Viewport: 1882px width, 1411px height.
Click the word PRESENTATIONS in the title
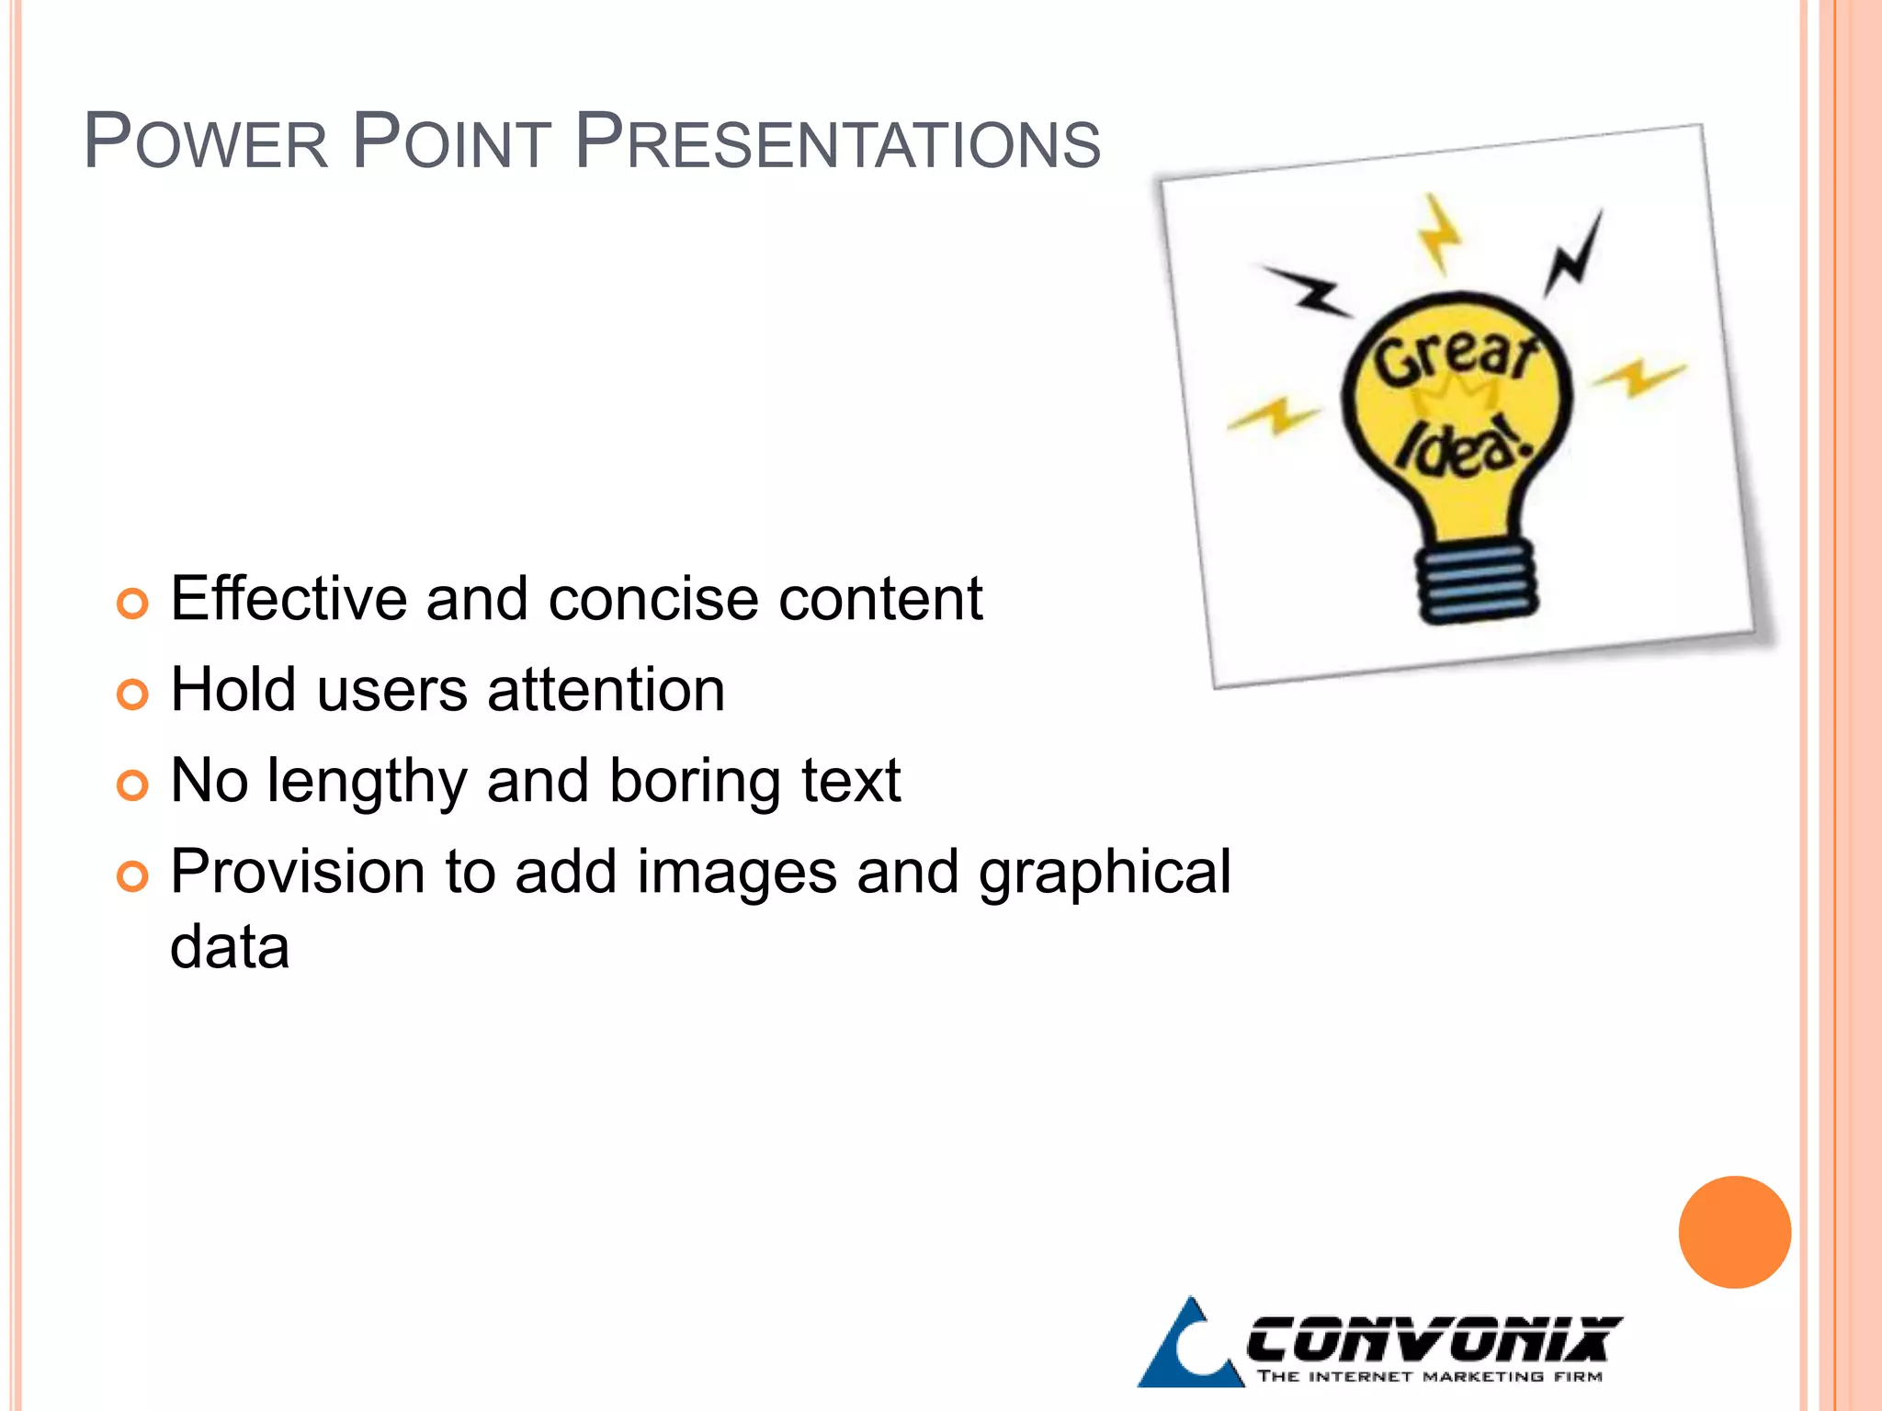[x=837, y=143]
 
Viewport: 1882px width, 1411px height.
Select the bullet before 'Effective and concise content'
[x=132, y=604]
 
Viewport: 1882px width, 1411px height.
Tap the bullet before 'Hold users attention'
[x=132, y=694]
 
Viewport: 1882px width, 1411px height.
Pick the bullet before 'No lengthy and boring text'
[x=132, y=785]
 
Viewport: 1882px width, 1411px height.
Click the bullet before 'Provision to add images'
[x=132, y=876]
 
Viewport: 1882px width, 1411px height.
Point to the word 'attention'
[x=606, y=691]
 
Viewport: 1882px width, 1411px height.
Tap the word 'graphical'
[x=1104, y=874]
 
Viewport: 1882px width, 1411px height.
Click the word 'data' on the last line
[x=230, y=948]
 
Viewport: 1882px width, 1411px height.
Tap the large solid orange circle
[x=1734, y=1232]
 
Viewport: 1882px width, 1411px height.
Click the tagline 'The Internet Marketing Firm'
[x=1430, y=1376]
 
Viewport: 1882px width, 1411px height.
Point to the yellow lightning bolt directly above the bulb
[x=1437, y=233]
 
